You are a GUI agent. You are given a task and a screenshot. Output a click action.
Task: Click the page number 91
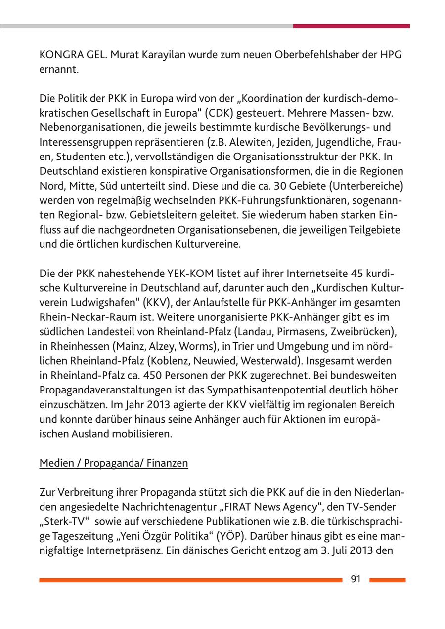click(x=356, y=579)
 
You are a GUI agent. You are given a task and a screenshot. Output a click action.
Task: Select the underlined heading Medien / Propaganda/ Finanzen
click(x=114, y=463)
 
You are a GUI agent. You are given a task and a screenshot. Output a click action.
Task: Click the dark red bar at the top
click(x=351, y=26)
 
